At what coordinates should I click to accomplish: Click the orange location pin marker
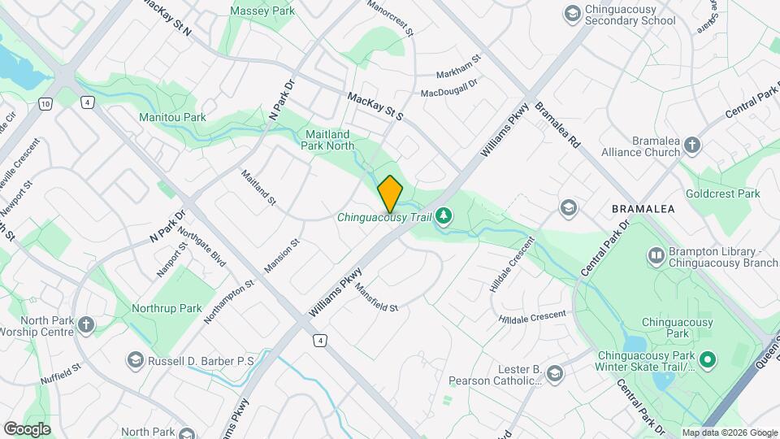coord(391,193)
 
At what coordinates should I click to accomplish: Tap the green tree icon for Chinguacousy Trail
coord(444,216)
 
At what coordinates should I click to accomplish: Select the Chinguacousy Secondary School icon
coord(572,13)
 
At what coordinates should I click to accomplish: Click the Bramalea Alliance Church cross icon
coord(691,146)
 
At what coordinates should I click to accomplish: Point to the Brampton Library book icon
coord(656,257)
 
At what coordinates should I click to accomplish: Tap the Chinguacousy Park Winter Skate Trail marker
coord(707,359)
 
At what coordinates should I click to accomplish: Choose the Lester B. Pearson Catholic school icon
coord(555,374)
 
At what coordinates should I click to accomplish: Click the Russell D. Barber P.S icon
coord(136,359)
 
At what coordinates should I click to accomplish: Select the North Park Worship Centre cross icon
coord(86,325)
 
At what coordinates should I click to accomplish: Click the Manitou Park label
coord(172,117)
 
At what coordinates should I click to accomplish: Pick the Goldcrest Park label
coord(722,193)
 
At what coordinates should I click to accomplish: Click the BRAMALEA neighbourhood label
coord(643,209)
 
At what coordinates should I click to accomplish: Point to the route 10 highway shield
coord(45,104)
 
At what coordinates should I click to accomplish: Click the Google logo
coord(27,428)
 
